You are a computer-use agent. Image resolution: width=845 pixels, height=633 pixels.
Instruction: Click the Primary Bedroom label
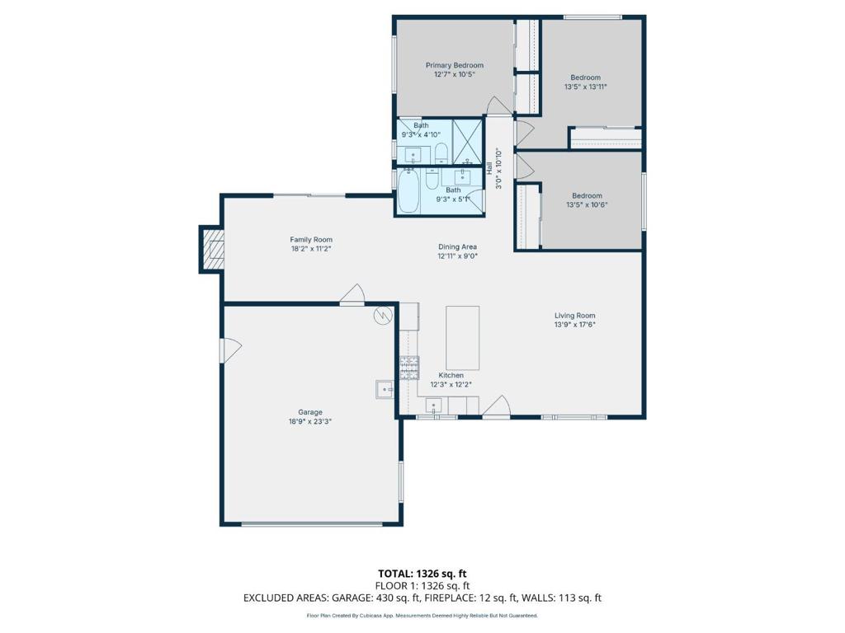pyautogui.click(x=455, y=65)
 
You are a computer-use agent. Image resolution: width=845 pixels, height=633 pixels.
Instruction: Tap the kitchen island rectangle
pyautogui.click(x=462, y=337)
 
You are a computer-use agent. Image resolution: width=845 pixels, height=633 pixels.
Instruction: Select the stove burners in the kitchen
pyautogui.click(x=409, y=368)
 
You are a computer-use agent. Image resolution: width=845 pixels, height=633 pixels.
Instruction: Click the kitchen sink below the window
pyautogui.click(x=434, y=405)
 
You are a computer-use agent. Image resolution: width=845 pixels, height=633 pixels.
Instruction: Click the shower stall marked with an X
pyautogui.click(x=467, y=142)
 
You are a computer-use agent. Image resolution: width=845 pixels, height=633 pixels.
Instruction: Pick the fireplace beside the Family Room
pyautogui.click(x=212, y=249)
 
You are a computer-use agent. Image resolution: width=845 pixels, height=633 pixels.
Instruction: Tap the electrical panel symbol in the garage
pyautogui.click(x=382, y=316)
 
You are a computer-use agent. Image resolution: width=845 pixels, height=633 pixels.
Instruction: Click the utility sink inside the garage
pyautogui.click(x=385, y=389)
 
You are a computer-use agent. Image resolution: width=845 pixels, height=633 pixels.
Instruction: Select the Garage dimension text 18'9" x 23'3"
pyautogui.click(x=310, y=421)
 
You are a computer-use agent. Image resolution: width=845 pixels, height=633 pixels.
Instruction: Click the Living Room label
pyautogui.click(x=575, y=316)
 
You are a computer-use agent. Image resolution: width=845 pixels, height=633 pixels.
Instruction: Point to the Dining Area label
pyautogui.click(x=457, y=247)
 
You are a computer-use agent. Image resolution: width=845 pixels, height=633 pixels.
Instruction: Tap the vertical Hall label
pyautogui.click(x=489, y=168)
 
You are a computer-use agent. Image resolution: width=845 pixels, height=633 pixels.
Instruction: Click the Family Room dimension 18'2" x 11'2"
pyautogui.click(x=311, y=249)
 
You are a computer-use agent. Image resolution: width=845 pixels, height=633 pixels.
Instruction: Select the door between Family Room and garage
pyautogui.click(x=352, y=294)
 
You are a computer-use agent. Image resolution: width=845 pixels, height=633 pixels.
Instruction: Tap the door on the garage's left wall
pyautogui.click(x=230, y=350)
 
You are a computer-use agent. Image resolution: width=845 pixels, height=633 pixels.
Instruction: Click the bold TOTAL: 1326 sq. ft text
pyautogui.click(x=422, y=574)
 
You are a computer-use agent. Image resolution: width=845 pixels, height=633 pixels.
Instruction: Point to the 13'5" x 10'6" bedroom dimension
pyautogui.click(x=587, y=204)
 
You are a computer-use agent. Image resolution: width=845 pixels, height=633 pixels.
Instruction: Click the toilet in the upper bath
pyautogui.click(x=441, y=153)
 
